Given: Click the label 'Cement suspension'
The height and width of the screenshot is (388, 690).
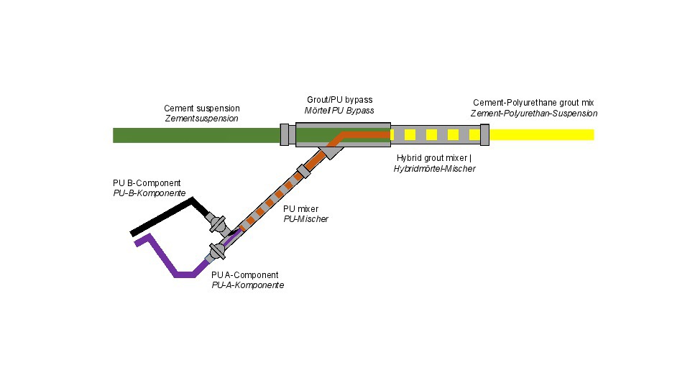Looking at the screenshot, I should [202, 108].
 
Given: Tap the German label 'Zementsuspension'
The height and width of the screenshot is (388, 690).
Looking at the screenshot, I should [202, 119].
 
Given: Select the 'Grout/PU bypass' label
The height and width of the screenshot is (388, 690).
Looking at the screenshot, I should [339, 100].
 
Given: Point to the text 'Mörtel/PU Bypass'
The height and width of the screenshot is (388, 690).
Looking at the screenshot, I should [339, 110].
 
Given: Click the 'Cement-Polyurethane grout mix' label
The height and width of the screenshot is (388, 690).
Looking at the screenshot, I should [533, 103].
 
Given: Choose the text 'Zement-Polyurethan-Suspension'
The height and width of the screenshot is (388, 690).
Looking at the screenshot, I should [533, 114].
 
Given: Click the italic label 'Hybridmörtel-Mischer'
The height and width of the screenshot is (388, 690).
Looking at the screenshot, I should [434, 168].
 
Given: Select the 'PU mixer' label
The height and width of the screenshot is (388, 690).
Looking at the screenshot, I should [300, 209].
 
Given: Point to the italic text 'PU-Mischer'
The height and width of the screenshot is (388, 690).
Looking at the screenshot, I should [305, 219].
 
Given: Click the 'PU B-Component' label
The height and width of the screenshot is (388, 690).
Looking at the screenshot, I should [147, 183].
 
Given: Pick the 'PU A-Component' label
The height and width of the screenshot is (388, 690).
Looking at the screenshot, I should [244, 275].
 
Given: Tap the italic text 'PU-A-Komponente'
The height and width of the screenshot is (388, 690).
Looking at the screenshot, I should [247, 285].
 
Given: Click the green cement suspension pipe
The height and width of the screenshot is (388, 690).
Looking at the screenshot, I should [194, 134].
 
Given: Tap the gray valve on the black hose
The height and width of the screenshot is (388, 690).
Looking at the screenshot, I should [217, 223].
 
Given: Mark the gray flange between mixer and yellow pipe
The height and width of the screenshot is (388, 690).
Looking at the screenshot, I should [484, 134].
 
